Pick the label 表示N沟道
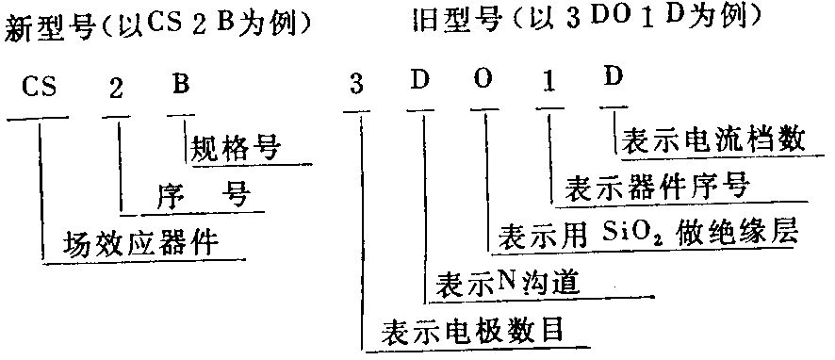click(506, 283)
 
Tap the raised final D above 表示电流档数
click(614, 76)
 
